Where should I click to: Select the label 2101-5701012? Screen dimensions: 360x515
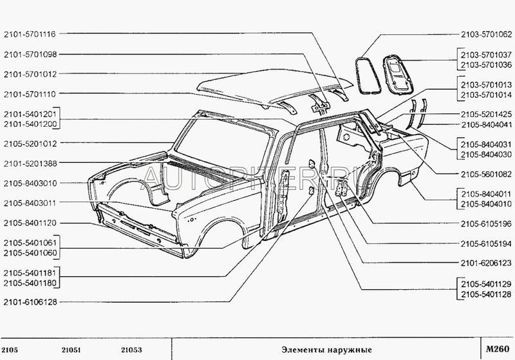pos(30,74)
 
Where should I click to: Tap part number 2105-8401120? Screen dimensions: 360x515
pos(30,222)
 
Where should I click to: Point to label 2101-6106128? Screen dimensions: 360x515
pos(30,301)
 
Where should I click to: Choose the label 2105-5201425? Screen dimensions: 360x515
pos(486,114)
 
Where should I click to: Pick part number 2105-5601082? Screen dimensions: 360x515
pos(486,173)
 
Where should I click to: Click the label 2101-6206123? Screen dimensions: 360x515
pos(486,263)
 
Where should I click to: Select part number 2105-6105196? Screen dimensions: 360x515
pos(486,223)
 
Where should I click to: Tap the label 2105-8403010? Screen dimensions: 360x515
pos(30,183)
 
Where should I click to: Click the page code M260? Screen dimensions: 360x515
pos(496,349)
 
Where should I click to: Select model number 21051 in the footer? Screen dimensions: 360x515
pos(71,350)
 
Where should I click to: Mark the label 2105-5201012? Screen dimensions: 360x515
pos(30,143)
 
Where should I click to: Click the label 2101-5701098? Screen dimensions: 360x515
pos(30,54)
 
